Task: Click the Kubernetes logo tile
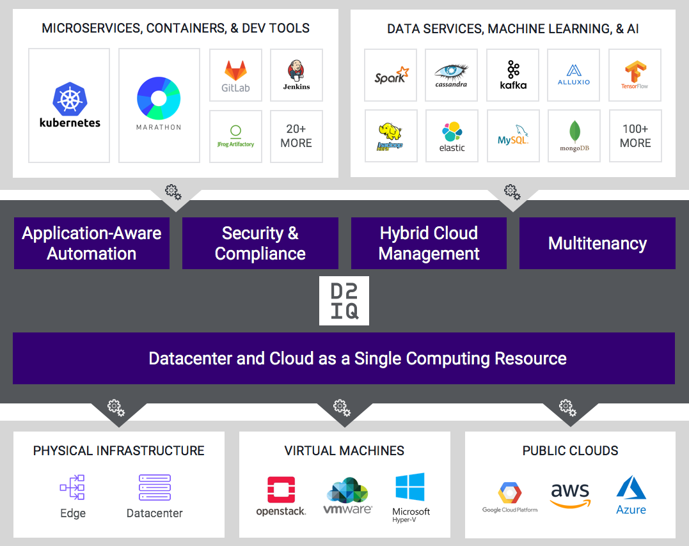click(69, 105)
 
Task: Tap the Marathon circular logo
click(159, 98)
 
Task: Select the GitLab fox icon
click(235, 70)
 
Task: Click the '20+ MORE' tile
click(296, 136)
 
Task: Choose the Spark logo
click(391, 75)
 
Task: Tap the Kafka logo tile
click(512, 75)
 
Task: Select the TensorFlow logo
click(635, 71)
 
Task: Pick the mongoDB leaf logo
click(574, 132)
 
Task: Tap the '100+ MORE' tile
click(635, 136)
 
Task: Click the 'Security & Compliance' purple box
click(260, 243)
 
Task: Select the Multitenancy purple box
click(597, 243)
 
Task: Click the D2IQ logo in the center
click(344, 301)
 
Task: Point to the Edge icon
click(72, 487)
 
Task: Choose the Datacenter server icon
click(155, 487)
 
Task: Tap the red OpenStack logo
click(281, 490)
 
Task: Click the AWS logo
click(569, 494)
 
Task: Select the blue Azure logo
click(631, 487)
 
